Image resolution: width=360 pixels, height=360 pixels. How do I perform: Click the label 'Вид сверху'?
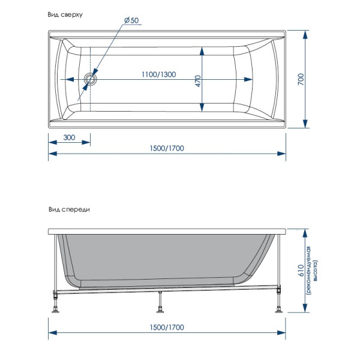pos(65,14)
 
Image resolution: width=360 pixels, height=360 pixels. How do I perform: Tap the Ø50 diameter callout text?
pos(131,20)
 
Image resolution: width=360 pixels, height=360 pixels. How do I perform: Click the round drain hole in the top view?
pos(91,79)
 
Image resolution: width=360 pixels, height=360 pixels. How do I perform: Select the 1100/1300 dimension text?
pos(158,74)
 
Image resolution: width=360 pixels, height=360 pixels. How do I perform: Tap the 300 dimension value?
pos(70,137)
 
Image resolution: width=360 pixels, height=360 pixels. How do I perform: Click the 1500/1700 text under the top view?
pos(167,148)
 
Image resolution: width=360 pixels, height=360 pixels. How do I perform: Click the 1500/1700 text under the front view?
pos(167,328)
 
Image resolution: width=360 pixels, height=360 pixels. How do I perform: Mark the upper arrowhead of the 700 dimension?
pos(307,33)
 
